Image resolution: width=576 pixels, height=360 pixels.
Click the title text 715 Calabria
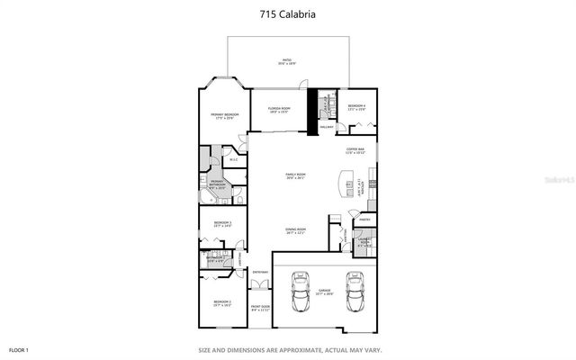pos(287,13)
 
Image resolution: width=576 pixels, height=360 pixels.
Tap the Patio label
pos(285,62)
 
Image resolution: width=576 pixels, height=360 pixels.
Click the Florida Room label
pos(278,109)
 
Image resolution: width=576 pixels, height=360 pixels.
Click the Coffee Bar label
pos(355,151)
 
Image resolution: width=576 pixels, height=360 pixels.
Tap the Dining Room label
pos(296,231)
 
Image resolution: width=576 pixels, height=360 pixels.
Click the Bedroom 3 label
pos(223,224)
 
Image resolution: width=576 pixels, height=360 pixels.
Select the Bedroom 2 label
pos(223,303)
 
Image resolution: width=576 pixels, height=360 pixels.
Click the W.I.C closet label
pos(232,160)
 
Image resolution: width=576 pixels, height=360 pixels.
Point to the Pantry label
pos(364,220)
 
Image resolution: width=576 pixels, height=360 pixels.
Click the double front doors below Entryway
pos(260,285)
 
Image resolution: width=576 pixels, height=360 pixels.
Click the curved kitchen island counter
pos(343,184)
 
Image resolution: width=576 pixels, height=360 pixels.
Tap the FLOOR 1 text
pos(19,349)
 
